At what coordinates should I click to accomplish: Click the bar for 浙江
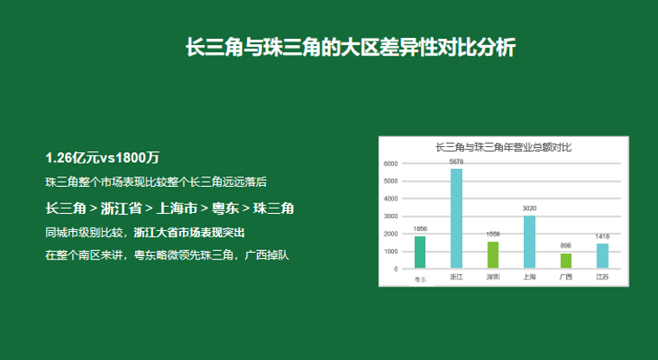coord(456,219)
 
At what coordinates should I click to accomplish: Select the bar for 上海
coord(529,242)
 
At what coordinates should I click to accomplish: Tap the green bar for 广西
coord(565,261)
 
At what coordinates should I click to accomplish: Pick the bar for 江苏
coord(603,256)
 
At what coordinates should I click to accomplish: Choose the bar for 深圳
coord(493,255)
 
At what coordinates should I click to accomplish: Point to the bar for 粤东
coord(420,252)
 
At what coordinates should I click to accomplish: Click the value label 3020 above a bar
coord(529,208)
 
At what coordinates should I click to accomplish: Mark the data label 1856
coord(420,228)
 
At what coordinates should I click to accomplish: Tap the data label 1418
coord(603,236)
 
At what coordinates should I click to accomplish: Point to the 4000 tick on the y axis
coord(390,199)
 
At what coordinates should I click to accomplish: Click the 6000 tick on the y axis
coord(390,164)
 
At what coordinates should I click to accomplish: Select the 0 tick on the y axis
coord(396,269)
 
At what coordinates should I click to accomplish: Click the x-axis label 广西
coord(565,277)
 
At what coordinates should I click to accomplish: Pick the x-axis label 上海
coord(529,277)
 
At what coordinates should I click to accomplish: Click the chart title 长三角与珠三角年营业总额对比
coord(503,147)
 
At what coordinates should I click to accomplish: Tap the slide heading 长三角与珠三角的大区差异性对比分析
coord(351,47)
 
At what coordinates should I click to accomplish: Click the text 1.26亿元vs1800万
coord(102,157)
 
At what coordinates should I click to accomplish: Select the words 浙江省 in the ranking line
coord(121,208)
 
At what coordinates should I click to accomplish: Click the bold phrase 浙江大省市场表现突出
coord(190,233)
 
